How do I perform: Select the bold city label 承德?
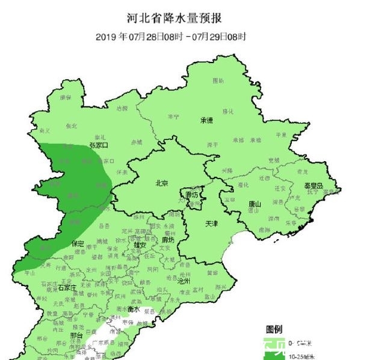click(206, 120)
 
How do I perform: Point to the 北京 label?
click(161, 183)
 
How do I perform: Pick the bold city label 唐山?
click(255, 204)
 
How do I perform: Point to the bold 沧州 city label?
click(183, 281)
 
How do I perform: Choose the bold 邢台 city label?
click(76, 335)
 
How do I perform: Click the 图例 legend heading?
click(274, 329)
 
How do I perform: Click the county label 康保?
click(64, 97)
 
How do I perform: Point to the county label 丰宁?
click(173, 117)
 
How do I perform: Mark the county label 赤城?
click(137, 142)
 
